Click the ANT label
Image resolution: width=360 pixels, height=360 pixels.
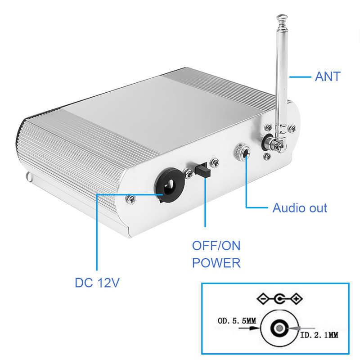tap(328, 76)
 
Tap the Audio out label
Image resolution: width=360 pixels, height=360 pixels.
tap(300, 208)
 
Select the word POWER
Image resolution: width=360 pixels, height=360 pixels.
tap(216, 262)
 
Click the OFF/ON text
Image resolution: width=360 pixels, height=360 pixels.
tap(216, 246)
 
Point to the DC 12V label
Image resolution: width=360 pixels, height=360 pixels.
tap(97, 283)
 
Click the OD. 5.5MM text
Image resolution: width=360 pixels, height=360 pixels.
tap(236, 321)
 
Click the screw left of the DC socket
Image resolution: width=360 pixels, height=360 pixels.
tap(131, 198)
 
